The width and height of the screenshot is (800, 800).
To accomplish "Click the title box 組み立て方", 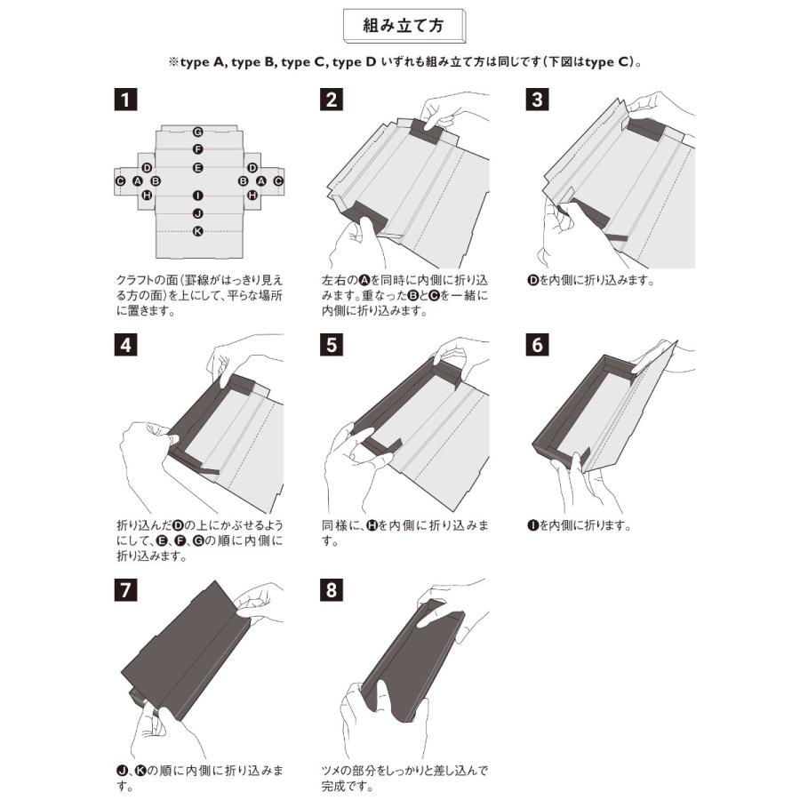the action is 404,26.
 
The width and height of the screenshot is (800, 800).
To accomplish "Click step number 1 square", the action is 125,100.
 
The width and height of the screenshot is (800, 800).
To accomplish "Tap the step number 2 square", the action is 332,100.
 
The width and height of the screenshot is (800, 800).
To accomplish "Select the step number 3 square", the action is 537,100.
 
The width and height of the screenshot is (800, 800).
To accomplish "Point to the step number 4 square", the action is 125,345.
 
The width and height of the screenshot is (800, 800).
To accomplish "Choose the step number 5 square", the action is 332,345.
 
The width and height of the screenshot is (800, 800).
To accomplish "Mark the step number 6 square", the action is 537,345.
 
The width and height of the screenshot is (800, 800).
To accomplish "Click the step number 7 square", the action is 125,590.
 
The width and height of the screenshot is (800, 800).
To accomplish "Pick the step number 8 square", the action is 332,590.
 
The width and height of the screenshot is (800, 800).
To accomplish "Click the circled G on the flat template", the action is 198,132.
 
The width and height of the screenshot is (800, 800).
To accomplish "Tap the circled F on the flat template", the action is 198,149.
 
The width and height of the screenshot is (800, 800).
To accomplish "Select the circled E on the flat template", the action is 198,168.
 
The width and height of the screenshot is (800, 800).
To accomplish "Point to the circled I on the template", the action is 198,196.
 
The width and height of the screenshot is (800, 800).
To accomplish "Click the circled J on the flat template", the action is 198,213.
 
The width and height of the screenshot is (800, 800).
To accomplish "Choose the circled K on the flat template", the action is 198,232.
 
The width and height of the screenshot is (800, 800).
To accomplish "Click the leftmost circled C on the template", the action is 120,181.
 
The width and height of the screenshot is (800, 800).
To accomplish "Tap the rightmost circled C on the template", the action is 278,181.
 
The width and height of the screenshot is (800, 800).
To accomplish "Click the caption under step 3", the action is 590,280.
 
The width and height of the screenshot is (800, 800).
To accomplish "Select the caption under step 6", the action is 579,525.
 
